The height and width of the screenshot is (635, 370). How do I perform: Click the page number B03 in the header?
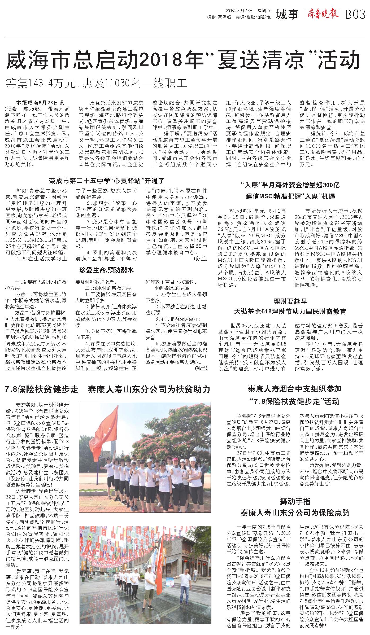coord(355,14)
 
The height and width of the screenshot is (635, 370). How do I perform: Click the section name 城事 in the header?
coord(287,14)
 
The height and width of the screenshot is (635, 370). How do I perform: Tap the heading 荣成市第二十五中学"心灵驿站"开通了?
coord(107,181)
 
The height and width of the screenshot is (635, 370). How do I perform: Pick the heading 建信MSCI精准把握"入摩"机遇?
coord(290,196)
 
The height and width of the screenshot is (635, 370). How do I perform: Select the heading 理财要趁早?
coord(290,301)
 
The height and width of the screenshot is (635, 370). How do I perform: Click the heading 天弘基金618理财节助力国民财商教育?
coord(290,311)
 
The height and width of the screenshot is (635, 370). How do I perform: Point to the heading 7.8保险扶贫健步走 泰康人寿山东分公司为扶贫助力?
coord(107,389)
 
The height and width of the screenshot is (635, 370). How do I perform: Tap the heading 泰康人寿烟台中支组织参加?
coord(295,389)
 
